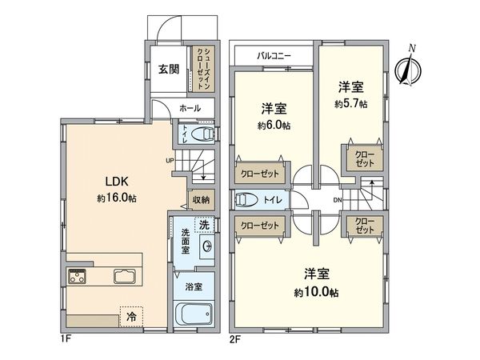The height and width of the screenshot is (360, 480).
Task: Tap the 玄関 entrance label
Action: click(x=168, y=70)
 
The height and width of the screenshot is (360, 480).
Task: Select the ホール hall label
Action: click(x=190, y=108)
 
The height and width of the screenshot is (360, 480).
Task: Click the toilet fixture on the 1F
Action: click(x=202, y=134)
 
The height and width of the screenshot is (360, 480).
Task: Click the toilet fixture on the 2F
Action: click(x=246, y=200)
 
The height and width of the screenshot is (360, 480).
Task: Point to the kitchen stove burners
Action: click(x=77, y=276)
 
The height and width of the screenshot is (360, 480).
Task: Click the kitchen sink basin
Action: click(x=124, y=276)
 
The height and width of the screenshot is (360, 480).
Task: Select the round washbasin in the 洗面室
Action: click(x=207, y=246)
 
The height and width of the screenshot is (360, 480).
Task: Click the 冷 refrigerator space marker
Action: click(x=131, y=317)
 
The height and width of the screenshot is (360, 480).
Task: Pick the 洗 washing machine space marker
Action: click(x=204, y=225)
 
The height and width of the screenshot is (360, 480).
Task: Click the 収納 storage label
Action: click(x=201, y=200)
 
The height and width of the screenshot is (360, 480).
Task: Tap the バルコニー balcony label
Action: click(x=274, y=56)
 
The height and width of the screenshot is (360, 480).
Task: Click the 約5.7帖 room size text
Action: click(x=351, y=104)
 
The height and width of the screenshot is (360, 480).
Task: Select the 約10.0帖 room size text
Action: click(x=317, y=293)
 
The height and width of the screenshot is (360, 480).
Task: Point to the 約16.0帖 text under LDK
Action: click(x=117, y=198)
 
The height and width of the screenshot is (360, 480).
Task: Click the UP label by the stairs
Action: click(x=170, y=160)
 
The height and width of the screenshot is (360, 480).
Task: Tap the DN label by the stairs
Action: click(x=338, y=200)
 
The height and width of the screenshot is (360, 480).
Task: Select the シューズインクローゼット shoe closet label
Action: click(x=203, y=69)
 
